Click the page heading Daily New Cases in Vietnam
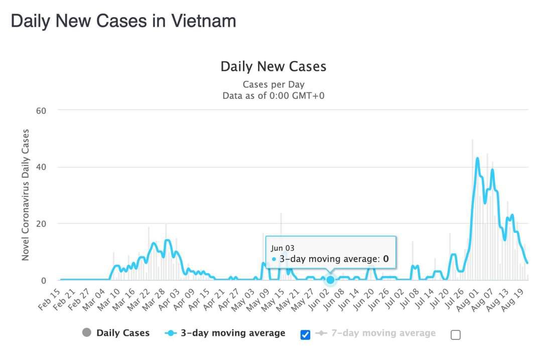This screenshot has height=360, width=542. pyautogui.click(x=123, y=21)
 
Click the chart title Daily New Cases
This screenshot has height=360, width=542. pyautogui.click(x=273, y=66)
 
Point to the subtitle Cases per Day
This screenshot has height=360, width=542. pyautogui.click(x=273, y=84)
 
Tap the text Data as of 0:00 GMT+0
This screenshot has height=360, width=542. pyautogui.click(x=273, y=95)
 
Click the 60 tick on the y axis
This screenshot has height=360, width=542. pyautogui.click(x=41, y=110)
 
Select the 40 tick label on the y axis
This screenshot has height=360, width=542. pyautogui.click(x=41, y=167)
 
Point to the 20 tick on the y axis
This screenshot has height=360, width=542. pyautogui.click(x=41, y=223)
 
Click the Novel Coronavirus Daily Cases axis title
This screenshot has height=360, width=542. pyautogui.click(x=25, y=195)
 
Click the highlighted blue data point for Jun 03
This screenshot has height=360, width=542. pyautogui.click(x=330, y=280)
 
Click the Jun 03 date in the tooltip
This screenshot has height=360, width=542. pyautogui.click(x=283, y=248)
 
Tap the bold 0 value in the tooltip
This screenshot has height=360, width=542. pyautogui.click(x=386, y=259)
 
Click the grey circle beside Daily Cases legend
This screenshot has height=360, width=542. pyautogui.click(x=87, y=332)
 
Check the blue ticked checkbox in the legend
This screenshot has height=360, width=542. pyautogui.click(x=305, y=334)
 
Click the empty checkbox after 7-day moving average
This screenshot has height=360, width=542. pyautogui.click(x=455, y=335)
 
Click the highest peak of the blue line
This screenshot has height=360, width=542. pyautogui.click(x=477, y=159)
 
